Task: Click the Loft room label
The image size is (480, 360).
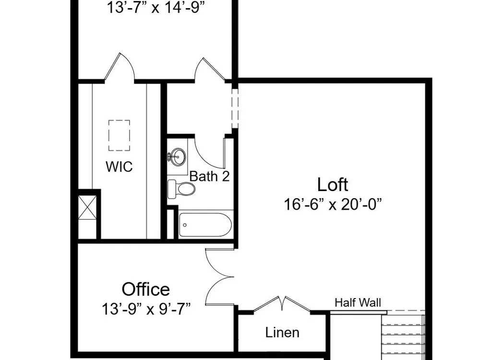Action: point(333,185)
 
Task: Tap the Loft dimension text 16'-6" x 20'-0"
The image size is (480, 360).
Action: point(333,204)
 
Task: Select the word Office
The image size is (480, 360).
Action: point(146,289)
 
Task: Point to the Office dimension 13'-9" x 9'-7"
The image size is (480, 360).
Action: point(146,309)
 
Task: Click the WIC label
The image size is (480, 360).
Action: point(119,167)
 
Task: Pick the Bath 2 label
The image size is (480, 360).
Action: point(209,176)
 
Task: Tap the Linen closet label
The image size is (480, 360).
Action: point(282,333)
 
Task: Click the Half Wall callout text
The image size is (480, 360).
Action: point(358,303)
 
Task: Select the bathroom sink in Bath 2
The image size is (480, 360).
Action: point(178,157)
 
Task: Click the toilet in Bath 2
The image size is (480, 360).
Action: point(181,189)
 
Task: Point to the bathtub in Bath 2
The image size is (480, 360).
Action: point(205,225)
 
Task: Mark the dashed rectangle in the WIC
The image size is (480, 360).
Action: point(119,135)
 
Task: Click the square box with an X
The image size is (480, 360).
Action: point(87,207)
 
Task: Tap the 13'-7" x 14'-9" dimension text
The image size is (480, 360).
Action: point(156,8)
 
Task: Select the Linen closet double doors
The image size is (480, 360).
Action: point(282,304)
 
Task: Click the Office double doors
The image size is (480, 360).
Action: point(220,277)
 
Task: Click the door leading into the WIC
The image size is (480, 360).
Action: point(119,66)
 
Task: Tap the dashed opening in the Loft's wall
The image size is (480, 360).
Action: point(235,108)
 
